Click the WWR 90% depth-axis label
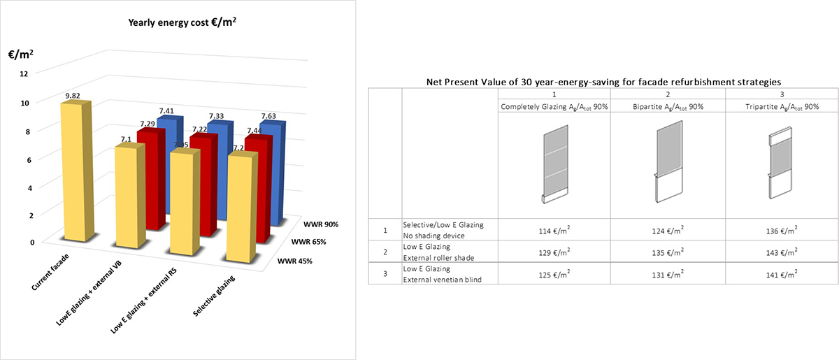click(x=322, y=224)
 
